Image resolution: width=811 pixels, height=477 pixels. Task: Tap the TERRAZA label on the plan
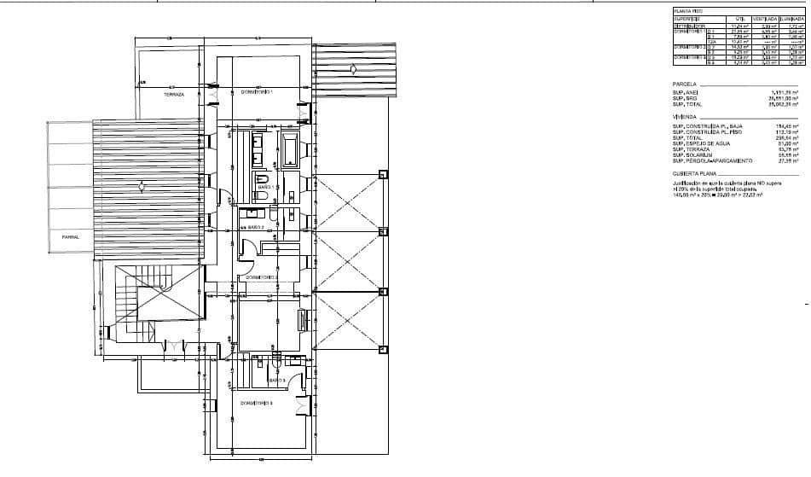(174, 95)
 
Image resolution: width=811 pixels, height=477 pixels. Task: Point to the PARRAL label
(70, 237)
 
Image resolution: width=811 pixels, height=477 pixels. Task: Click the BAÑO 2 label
(253, 229)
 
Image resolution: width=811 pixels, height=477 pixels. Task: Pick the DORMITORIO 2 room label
(262, 277)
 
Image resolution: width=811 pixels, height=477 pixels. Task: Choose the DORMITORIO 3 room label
(256, 403)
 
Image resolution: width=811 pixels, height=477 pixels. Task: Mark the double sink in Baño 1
(258, 150)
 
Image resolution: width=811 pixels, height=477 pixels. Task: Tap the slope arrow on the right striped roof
(350, 67)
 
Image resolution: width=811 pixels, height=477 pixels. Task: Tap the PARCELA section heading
(685, 84)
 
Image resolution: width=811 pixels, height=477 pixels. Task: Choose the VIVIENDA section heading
(686, 116)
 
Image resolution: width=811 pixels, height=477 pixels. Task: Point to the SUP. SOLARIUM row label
(694, 154)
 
